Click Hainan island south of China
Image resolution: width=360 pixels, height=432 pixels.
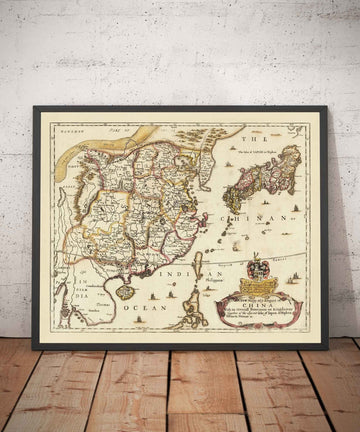pyautogui.click(x=126, y=291)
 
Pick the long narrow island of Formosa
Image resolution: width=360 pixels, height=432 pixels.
pyautogui.click(x=197, y=266)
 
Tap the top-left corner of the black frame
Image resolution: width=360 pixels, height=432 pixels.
pyautogui.click(x=33, y=108)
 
